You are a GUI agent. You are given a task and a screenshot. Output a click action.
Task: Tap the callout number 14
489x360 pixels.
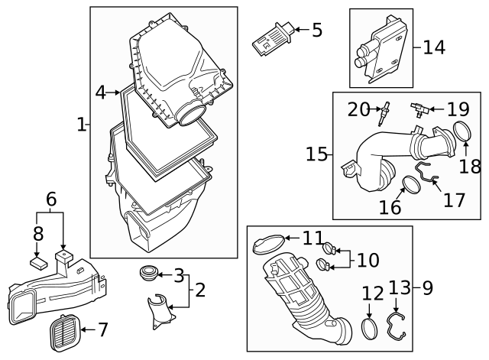coord(434,47)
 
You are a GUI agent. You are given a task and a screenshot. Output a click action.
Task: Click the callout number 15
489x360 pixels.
coord(317,154)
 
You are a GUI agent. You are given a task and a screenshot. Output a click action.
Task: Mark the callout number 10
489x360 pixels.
coord(368,261)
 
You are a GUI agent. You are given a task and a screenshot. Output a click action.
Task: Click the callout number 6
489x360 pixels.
coord(51,199)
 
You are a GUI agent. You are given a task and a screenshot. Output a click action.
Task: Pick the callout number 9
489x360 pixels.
coord(426,288)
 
